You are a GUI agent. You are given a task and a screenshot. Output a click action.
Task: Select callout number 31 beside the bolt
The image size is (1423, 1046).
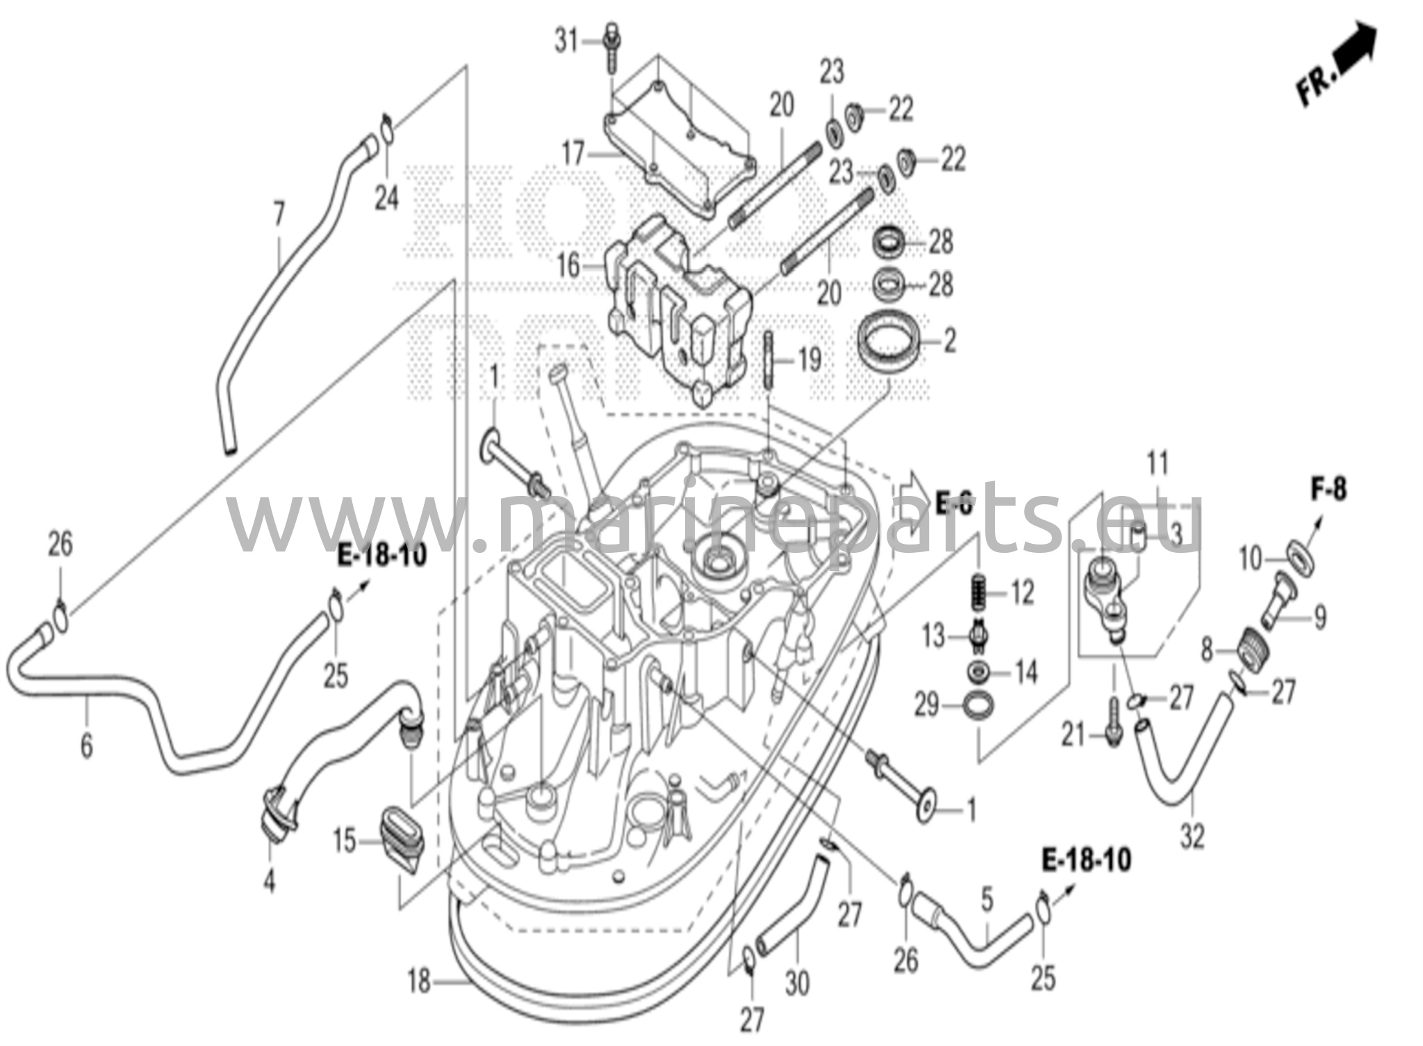[x=566, y=42]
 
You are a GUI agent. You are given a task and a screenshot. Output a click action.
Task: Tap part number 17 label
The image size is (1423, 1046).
[x=573, y=153]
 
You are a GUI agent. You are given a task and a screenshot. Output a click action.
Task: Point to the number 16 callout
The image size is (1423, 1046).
[x=568, y=265]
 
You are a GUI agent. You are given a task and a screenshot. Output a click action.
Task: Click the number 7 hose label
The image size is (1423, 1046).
[x=279, y=215]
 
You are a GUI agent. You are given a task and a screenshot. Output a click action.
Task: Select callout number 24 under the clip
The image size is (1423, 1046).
[x=387, y=199]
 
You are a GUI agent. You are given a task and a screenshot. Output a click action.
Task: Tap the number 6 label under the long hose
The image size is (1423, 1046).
[x=86, y=746]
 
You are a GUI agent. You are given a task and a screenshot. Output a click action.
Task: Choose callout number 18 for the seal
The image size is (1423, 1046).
[x=419, y=982]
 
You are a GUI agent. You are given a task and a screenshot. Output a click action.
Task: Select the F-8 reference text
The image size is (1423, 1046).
[x=1329, y=490]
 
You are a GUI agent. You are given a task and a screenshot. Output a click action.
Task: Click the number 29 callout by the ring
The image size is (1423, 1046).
[x=927, y=706]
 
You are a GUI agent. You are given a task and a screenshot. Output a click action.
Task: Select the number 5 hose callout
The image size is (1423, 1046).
[x=987, y=900]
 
